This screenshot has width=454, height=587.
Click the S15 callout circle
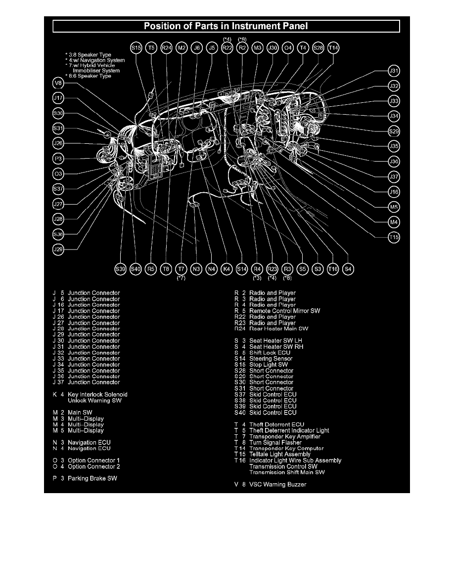(x=136, y=48)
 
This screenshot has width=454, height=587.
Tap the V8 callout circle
(x=58, y=83)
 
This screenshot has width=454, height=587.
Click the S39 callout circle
(x=120, y=269)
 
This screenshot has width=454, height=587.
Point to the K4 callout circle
(x=227, y=269)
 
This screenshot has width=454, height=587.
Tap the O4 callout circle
(x=287, y=48)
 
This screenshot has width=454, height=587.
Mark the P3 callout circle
(x=58, y=159)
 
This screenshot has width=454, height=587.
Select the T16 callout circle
(x=333, y=269)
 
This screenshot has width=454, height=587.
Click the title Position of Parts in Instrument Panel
(x=227, y=26)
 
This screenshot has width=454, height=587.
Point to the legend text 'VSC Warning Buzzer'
(x=277, y=484)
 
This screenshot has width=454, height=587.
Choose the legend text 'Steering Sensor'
(x=271, y=359)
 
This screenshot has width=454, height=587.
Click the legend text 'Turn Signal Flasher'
(x=275, y=442)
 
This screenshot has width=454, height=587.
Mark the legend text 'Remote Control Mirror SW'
(x=284, y=311)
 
